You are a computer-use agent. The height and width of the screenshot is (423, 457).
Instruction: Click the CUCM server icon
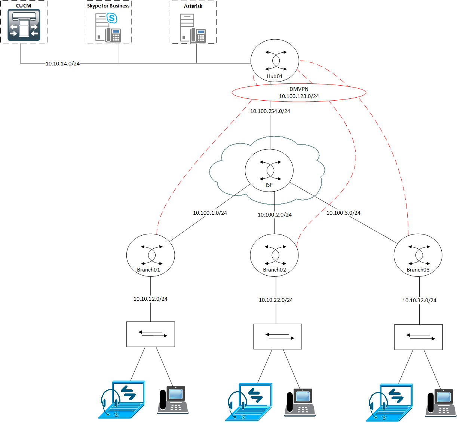pos(24,25)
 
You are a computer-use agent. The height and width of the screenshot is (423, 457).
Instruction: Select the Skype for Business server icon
pos(108,27)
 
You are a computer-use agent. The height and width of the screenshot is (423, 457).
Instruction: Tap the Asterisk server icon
pos(193,28)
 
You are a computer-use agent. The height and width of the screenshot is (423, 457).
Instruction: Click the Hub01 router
pos(274,61)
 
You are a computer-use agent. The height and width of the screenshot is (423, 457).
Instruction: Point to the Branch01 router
pos(150,255)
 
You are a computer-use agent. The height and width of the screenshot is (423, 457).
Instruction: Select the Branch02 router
pos(274,255)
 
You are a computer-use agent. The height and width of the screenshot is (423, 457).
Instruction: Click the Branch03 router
pos(418,255)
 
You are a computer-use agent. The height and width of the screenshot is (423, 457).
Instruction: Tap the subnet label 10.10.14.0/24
pos(62,64)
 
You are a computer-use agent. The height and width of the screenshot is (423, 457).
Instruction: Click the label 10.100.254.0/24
pos(270,111)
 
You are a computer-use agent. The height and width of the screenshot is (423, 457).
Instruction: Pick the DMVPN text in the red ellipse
pos(299,89)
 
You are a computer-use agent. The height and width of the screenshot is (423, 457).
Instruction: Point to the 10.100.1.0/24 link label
pos(210,213)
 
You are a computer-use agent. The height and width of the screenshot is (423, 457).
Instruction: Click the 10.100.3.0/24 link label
pos(343,213)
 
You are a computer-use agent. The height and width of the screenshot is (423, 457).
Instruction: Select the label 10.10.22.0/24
pos(276,300)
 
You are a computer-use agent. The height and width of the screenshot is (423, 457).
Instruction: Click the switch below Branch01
pos(150,334)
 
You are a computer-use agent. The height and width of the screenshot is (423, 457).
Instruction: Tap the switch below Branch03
pos(418,337)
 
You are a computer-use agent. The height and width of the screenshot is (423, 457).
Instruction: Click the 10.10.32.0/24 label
pos(419,300)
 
